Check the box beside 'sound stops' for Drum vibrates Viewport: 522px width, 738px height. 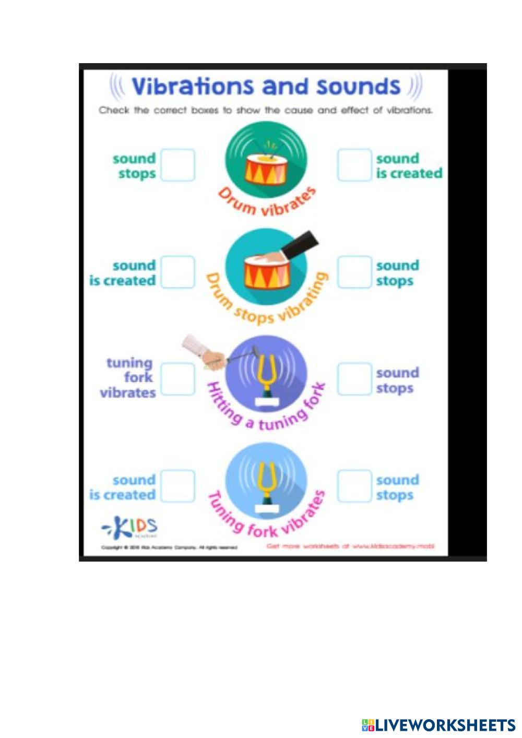point(177,165)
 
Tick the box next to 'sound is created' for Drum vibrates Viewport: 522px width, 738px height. point(354,165)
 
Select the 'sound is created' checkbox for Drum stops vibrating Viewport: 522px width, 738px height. point(177,272)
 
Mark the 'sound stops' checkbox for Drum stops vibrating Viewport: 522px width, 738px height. point(354,272)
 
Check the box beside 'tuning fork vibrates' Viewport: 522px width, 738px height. point(177,378)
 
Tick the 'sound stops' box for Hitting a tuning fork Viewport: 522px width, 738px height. point(354,378)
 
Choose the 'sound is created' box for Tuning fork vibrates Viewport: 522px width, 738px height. point(177,486)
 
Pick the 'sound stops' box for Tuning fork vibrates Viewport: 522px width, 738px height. point(354,486)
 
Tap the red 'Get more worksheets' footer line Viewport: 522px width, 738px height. point(350,546)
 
